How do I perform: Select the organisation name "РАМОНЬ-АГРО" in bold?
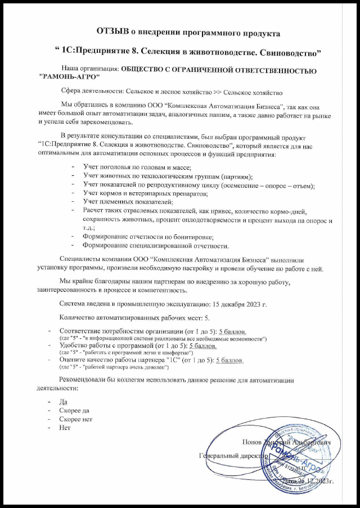pyautogui.click(x=66, y=77)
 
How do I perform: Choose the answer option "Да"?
pyautogui.click(x=62, y=402)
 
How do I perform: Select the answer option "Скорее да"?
pyautogui.click(x=74, y=411)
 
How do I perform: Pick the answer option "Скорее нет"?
pyautogui.click(x=75, y=419)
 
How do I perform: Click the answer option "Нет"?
pyautogui.click(x=64, y=428)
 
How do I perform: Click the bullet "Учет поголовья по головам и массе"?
pyautogui.click(x=137, y=167)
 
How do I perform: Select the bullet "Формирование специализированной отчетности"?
pyautogui.click(x=155, y=245)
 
